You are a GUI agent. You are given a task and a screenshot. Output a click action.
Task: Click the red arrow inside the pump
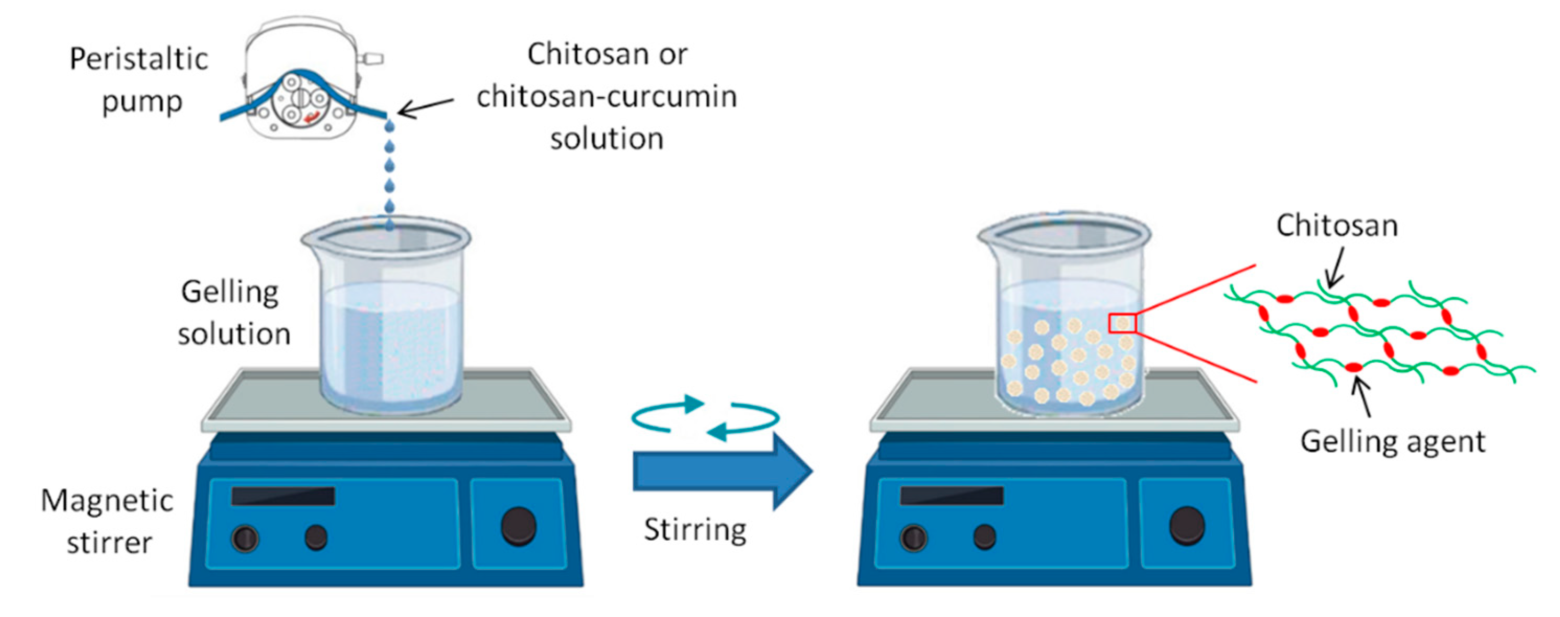[313, 118]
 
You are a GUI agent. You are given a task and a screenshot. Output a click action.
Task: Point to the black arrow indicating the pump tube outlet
[425, 107]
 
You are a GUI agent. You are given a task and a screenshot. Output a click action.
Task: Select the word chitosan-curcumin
[606, 97]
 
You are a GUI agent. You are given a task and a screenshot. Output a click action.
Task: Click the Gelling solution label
[233, 313]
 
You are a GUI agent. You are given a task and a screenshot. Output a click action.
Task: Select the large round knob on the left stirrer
[519, 526]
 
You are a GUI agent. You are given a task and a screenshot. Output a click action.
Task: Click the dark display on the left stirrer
[283, 496]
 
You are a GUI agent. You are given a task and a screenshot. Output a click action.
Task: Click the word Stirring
[695, 530]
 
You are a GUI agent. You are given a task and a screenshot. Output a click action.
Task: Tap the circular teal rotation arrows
[705, 417]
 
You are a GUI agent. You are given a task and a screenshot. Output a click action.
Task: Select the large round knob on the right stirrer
[1187, 525]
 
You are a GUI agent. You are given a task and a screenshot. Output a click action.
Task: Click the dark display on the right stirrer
[951, 495]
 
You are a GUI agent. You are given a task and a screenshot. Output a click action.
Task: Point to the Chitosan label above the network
[1337, 226]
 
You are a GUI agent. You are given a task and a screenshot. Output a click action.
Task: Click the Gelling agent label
[1392, 441]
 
